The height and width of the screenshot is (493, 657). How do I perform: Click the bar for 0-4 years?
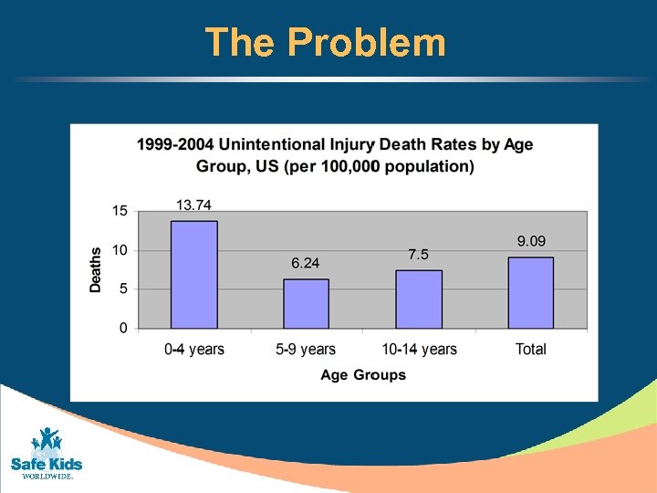click(194, 275)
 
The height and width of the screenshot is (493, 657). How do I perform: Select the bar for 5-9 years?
click(306, 304)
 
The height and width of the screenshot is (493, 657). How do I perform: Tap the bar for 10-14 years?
click(418, 299)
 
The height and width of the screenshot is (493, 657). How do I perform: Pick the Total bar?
click(530, 292)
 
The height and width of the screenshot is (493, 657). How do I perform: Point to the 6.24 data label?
click(306, 264)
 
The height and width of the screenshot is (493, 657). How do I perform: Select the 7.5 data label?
click(418, 255)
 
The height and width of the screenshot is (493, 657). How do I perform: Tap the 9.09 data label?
click(532, 241)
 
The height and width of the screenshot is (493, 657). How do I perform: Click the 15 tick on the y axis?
click(120, 211)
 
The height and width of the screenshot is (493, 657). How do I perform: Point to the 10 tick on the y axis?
click(120, 250)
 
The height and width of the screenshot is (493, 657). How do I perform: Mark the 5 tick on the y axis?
click(123, 289)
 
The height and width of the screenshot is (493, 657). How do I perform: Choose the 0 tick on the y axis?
click(123, 329)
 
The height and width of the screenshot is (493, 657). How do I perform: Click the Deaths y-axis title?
click(96, 269)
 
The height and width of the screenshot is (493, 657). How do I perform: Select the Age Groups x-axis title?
click(363, 375)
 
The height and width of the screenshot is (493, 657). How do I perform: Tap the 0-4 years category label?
click(194, 350)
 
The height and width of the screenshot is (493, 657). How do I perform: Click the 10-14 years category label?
click(418, 350)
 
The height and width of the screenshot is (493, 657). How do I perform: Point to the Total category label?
click(530, 350)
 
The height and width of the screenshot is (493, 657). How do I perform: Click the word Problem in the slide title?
click(366, 43)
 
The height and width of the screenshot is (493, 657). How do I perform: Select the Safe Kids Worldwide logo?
click(46, 453)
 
